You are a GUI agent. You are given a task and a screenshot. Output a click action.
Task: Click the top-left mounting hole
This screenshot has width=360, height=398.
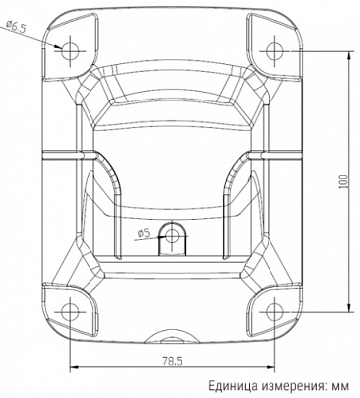tap(71, 47)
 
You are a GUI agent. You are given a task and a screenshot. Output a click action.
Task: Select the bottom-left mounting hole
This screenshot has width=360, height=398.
tap(71, 310)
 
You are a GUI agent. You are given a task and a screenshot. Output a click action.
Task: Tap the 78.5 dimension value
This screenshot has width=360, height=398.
tap(172, 361)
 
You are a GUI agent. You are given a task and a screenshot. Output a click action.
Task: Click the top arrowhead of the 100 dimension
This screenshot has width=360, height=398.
tap(351, 51)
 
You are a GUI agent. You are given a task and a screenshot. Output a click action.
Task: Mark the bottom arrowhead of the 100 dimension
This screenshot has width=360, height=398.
tap(351, 306)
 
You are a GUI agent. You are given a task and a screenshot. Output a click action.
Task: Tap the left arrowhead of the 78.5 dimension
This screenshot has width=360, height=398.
tap(75, 368)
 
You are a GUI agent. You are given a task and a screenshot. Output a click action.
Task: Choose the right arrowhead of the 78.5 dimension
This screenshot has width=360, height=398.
tap(270, 368)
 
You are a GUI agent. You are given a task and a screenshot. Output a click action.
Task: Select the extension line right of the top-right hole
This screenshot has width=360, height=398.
tap(318, 47)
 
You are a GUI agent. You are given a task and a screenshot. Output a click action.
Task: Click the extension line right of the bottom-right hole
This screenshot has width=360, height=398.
tap(318, 310)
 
